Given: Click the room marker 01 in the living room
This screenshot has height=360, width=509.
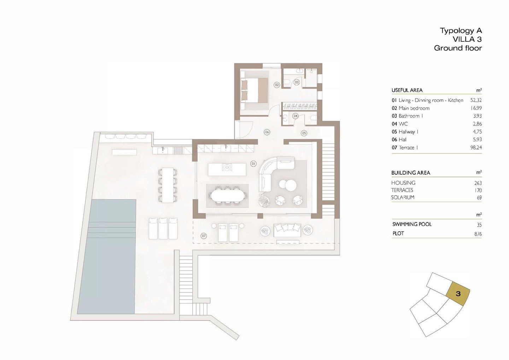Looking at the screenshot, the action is point(253,163).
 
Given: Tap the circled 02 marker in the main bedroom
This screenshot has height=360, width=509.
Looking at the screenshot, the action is point(277,85).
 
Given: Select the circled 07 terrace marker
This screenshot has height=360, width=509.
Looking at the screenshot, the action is point(204,236).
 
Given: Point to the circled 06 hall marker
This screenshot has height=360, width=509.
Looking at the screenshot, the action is point(267,132).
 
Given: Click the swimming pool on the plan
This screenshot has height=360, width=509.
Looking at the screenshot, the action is point(106,257).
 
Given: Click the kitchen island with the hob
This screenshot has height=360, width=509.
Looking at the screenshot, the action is point(227,169).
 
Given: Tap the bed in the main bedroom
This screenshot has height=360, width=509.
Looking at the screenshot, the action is point(255,90).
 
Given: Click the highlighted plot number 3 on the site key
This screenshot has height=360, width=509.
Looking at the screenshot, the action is point(458,294).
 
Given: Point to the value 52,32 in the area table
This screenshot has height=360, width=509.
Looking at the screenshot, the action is point(476,100).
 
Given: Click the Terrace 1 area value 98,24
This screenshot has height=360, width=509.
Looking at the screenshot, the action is point(476,147).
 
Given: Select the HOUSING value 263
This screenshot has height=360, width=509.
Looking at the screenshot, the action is point(478,183).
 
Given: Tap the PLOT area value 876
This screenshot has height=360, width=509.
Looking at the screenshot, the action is point(478,234).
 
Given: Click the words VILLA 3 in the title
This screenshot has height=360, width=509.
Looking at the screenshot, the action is point(467,39).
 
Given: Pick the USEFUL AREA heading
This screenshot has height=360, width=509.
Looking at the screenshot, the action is point(407,90).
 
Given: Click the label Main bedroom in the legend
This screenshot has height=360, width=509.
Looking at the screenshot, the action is point(414,108).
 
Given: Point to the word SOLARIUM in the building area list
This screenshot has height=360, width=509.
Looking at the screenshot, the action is point(403,197).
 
